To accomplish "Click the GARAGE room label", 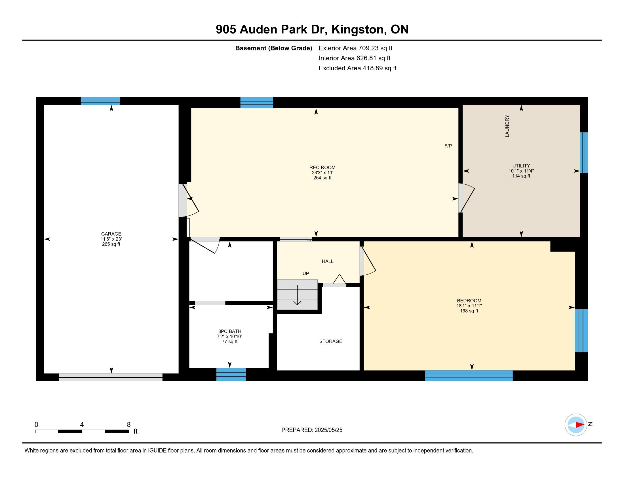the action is [x=111, y=234].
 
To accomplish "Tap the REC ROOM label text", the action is [x=322, y=168].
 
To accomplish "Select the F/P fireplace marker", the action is [x=448, y=146].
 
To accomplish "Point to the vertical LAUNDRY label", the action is [x=507, y=126].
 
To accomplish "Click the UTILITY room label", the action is [x=521, y=166].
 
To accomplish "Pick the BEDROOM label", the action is [x=469, y=300].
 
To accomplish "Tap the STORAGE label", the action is [x=330, y=341].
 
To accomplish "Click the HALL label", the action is [x=328, y=261].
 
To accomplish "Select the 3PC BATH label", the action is [x=230, y=331].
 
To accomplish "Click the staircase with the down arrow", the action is [x=298, y=295].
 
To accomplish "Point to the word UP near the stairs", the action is [x=306, y=274].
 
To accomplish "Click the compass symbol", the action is [x=576, y=425].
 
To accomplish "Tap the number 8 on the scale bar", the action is [x=128, y=425].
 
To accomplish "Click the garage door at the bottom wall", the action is [x=111, y=377].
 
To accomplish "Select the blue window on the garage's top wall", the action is [x=100, y=101].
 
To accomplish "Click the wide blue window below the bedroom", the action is [x=469, y=376].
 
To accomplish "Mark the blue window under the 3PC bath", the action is [x=231, y=375].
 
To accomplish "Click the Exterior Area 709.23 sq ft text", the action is [x=355, y=48].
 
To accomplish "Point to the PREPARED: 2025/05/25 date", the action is [x=312, y=430].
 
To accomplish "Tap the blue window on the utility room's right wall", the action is [x=584, y=153].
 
